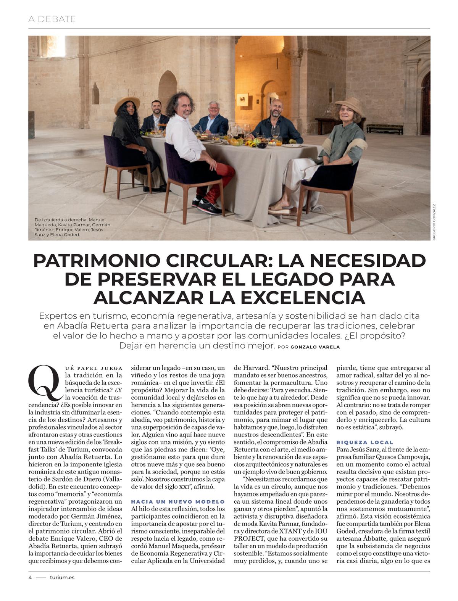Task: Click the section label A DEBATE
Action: click(x=52, y=19)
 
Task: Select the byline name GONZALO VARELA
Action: click(x=315, y=347)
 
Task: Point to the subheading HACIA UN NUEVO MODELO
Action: click(x=178, y=501)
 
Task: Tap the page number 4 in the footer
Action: click(x=30, y=577)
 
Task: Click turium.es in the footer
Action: click(x=62, y=577)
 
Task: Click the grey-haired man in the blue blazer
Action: click(x=213, y=119)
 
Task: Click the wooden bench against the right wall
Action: click(x=384, y=129)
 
